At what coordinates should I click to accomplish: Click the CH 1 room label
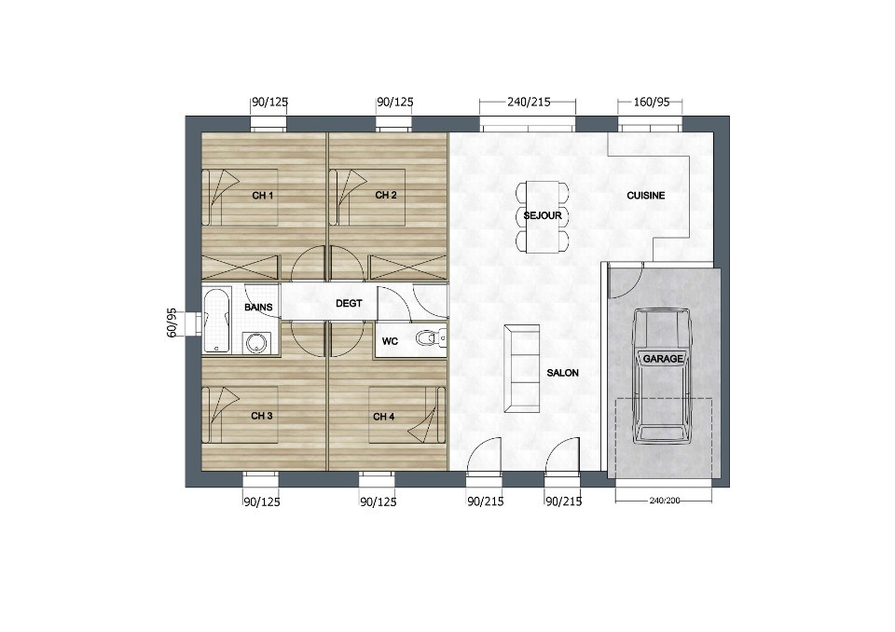pyautogui.click(x=263, y=196)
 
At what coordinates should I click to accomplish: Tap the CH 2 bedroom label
pyautogui.click(x=386, y=195)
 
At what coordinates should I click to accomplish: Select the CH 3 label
pyautogui.click(x=261, y=416)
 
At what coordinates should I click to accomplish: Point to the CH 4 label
pyautogui.click(x=383, y=417)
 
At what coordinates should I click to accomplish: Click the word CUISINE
pyautogui.click(x=645, y=195)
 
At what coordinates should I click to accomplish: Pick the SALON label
pyautogui.click(x=563, y=373)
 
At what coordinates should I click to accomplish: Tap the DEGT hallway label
pyautogui.click(x=349, y=303)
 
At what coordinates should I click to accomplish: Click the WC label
pyautogui.click(x=390, y=341)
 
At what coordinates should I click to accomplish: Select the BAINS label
pyautogui.click(x=258, y=308)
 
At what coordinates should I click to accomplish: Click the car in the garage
pyautogui.click(x=662, y=376)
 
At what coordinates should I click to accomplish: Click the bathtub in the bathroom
pyautogui.click(x=217, y=321)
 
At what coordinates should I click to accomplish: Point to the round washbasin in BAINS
pyautogui.click(x=255, y=342)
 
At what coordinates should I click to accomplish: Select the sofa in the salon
pyautogui.click(x=522, y=368)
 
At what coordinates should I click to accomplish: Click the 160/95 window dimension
pyautogui.click(x=652, y=103)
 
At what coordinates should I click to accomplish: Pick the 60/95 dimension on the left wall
pyautogui.click(x=172, y=323)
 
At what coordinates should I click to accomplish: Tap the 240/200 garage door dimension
pyautogui.click(x=665, y=501)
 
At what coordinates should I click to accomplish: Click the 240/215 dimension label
pyautogui.click(x=529, y=102)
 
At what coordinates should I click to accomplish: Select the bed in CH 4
pyautogui.click(x=406, y=415)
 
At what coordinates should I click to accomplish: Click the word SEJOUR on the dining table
pyautogui.click(x=543, y=216)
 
